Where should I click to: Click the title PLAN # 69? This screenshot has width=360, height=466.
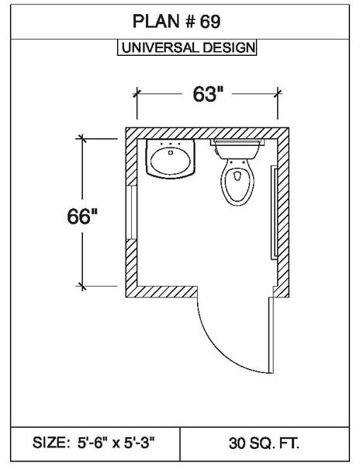coord(176,22)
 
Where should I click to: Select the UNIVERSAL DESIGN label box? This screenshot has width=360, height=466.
coord(187,47)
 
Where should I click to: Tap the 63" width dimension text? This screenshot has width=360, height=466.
coord(208,94)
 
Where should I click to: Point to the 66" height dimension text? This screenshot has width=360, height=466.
coord(82,216)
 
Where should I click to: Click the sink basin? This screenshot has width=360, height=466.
coord(171,159)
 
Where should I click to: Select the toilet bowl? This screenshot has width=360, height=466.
coord(237,182)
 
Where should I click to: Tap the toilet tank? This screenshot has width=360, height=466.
coord(237,148)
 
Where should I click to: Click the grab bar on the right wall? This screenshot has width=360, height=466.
coord(274,213)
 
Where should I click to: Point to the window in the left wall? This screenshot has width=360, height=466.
coord(131,213)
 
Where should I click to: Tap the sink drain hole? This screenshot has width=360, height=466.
coord(171,152)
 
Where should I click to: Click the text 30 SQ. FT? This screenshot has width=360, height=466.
coord(264,443)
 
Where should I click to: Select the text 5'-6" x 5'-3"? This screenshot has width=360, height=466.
coord(116,443)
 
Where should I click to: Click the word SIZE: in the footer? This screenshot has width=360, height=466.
coord(51,443)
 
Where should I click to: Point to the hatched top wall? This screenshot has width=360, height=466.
coord(207,133)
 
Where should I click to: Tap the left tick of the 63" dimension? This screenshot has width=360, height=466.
coord(137,94)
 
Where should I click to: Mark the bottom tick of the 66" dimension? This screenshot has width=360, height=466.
coord(82,287)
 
